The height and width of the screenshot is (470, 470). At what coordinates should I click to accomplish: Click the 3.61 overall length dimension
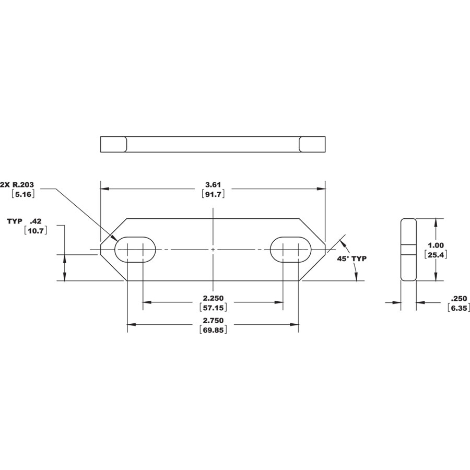click(x=213, y=185)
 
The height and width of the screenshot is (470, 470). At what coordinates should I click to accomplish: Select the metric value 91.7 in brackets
click(x=213, y=194)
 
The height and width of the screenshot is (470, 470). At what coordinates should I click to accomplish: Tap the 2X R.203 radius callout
click(x=17, y=185)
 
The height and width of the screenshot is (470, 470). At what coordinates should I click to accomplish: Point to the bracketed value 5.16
click(x=23, y=194)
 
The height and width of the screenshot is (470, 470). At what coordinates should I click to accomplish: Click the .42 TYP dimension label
click(x=24, y=221)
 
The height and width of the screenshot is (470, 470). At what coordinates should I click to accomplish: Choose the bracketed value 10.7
click(x=36, y=231)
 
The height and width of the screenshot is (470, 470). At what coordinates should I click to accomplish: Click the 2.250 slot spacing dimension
click(x=213, y=298)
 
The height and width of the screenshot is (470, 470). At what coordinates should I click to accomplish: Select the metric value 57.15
click(x=213, y=308)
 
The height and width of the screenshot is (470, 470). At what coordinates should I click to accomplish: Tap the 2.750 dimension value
click(x=213, y=321)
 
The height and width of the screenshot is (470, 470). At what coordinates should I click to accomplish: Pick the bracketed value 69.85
click(x=213, y=330)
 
